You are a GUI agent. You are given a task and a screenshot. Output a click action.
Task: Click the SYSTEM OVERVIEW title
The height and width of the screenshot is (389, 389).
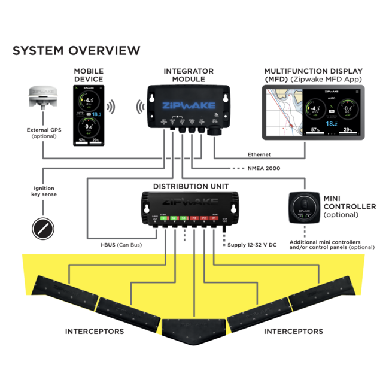(x=77, y=51)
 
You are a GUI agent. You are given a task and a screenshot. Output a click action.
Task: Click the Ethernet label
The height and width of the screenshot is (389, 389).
(x=259, y=154)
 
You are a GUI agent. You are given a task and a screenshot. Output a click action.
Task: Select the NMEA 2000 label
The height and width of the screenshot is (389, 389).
(x=263, y=168)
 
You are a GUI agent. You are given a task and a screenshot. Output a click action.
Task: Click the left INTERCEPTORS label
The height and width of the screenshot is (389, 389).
(x=94, y=331)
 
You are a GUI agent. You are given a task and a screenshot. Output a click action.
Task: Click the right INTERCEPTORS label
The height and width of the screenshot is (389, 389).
(x=293, y=331)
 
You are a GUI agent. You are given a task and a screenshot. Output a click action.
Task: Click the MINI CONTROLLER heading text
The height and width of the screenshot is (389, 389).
(x=350, y=202)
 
